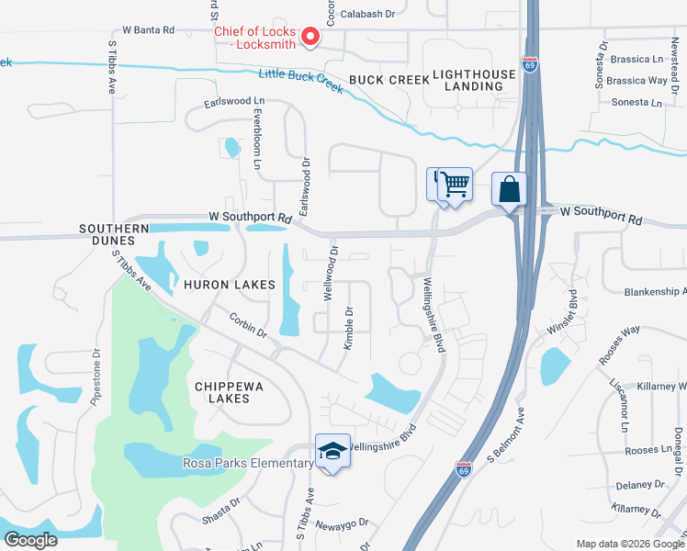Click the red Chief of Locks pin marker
310,37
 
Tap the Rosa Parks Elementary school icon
332,451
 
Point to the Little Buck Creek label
301,81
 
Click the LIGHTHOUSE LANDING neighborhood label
468,80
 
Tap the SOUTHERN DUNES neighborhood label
114,234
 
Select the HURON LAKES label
231,285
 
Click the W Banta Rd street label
142,30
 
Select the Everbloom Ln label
257,140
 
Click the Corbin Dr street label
248,325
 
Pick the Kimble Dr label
349,328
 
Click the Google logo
30,540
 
